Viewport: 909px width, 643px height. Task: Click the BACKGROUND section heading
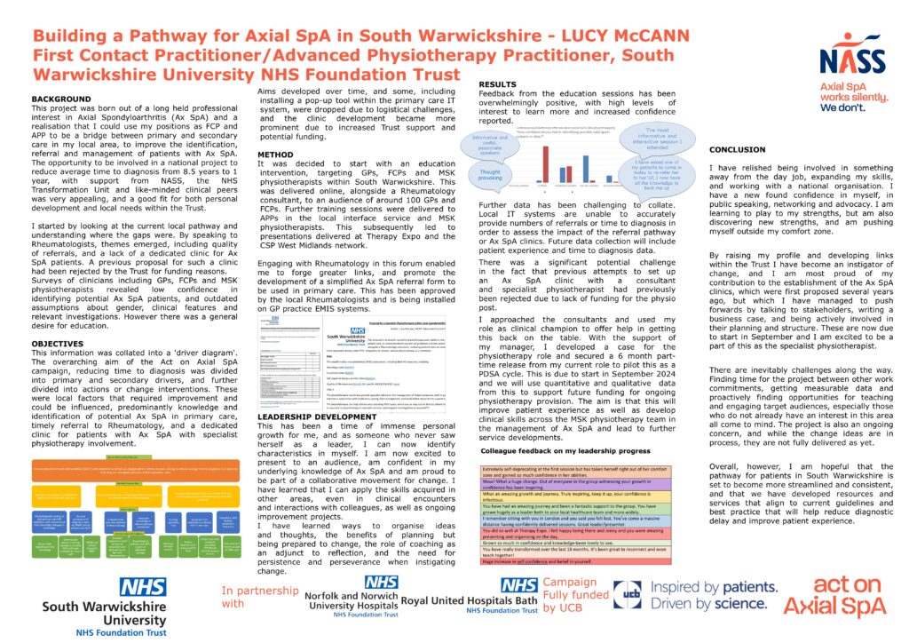pos(61,99)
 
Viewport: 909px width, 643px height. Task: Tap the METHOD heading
pos(277,153)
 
